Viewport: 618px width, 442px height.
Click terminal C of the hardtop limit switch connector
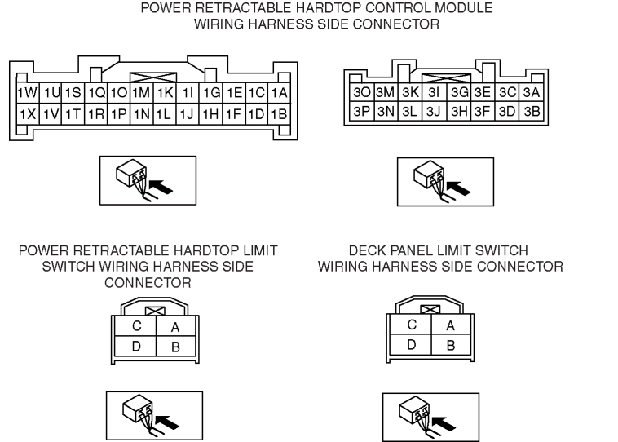tap(137, 325)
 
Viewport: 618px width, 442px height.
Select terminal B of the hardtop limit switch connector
tap(175, 347)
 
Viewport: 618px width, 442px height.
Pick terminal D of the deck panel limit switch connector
tap(413, 345)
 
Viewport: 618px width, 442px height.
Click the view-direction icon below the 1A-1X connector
tap(148, 179)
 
